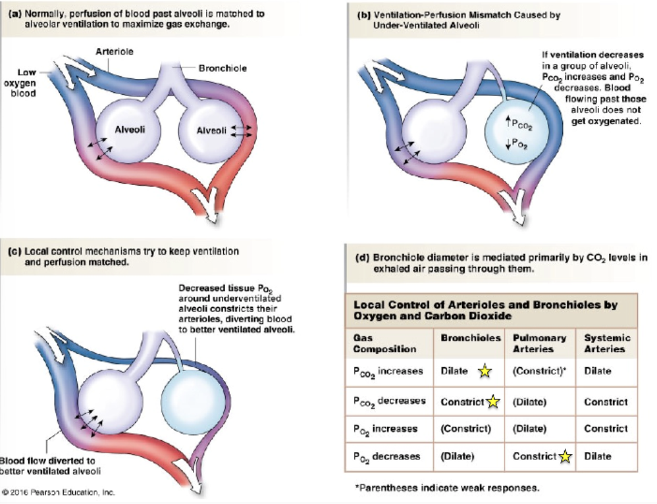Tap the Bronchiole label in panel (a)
223,68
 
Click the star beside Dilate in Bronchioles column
485,371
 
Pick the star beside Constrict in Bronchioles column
493,401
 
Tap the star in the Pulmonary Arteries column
565,457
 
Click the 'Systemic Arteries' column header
607,343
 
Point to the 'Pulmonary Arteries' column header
539,343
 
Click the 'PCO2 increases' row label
388,372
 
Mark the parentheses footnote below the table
447,488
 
